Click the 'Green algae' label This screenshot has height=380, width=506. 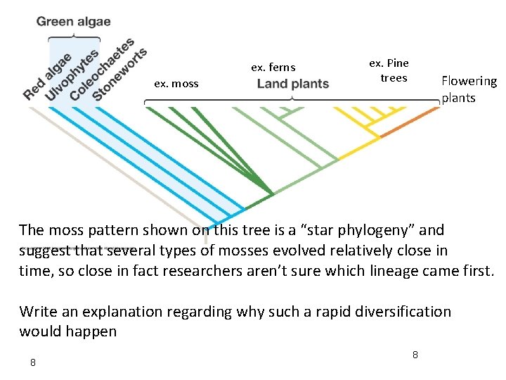coord(73,21)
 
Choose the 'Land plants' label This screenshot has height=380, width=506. coord(292,84)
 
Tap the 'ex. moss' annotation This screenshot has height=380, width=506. coord(176,84)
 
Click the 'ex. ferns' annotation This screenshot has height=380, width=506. coord(273,68)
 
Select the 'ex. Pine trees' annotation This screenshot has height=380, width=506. coord(389,70)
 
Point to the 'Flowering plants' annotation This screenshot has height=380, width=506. coord(469,89)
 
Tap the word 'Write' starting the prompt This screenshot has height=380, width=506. coord(36,311)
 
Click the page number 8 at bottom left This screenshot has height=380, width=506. coord(32,362)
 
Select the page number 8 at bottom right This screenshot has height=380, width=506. coord(415,355)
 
